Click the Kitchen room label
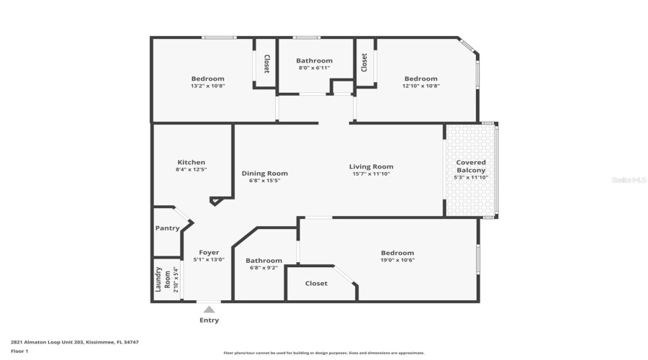191,163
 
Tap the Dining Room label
264,174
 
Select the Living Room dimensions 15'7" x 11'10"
372,174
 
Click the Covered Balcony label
470,166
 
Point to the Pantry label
167,228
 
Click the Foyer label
209,253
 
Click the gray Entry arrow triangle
209,310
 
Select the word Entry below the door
209,320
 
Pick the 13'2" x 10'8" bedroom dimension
207,86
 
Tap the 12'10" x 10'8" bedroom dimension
420,86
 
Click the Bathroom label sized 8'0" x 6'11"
315,60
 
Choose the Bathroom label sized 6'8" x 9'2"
264,261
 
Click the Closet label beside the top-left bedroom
266,64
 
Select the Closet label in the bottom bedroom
316,284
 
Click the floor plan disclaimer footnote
324,353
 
